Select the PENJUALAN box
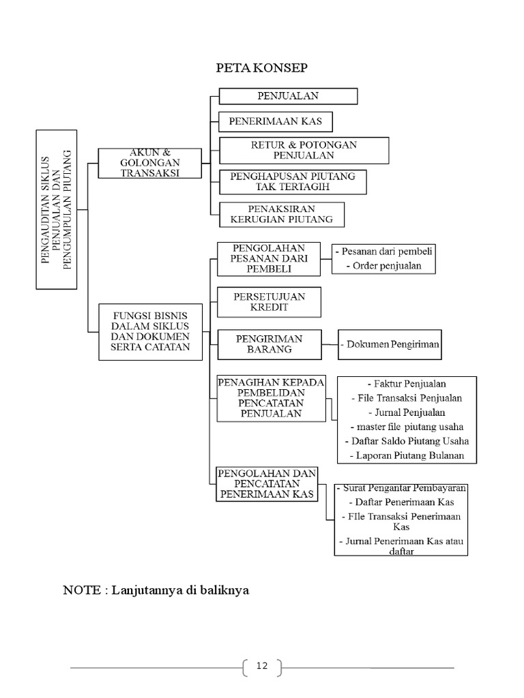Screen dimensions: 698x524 (287, 96)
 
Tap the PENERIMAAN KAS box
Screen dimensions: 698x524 (275, 122)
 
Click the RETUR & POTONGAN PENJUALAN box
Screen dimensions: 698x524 (304, 150)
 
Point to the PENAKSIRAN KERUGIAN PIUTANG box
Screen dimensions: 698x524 (281, 213)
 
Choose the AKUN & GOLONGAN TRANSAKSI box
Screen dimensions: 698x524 (149, 162)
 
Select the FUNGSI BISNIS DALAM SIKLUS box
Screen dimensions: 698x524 (150, 332)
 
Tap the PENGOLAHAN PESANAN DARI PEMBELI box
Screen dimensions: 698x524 (268, 258)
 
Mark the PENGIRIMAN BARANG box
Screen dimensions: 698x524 (268, 344)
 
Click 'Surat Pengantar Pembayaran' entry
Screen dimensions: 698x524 (401, 488)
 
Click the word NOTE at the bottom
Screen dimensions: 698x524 (81, 590)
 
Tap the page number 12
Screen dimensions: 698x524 (262, 666)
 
